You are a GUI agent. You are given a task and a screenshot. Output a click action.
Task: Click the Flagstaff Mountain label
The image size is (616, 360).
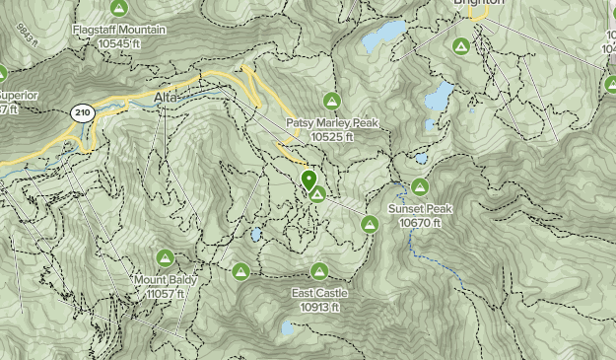(119, 30)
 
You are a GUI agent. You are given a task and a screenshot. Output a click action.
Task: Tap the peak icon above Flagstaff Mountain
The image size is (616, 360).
(119, 9)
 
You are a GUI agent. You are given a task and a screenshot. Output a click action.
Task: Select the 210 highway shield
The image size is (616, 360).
(81, 114)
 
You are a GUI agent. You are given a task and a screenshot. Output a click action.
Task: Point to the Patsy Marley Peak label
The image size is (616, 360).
(332, 123)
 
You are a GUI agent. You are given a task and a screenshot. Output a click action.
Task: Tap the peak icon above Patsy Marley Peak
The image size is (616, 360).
(331, 101)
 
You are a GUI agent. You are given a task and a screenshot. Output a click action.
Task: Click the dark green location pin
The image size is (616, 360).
(308, 180)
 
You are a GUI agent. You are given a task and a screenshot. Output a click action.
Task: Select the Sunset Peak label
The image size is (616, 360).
(420, 209)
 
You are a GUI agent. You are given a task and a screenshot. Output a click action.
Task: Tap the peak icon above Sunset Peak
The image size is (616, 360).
(420, 186)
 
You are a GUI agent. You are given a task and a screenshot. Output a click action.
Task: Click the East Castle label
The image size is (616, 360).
(318, 293)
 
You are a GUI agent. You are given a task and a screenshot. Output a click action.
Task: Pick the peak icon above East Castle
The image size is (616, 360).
(318, 271)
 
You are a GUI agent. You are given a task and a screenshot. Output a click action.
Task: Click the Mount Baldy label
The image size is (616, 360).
(166, 280)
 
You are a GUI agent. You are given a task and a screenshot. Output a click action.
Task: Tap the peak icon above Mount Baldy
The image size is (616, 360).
(166, 258)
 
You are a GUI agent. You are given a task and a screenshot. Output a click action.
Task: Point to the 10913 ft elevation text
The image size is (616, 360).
(318, 307)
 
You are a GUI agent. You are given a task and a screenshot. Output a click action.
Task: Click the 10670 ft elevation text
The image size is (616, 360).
(420, 223)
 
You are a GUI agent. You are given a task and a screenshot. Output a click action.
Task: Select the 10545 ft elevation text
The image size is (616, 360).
(119, 43)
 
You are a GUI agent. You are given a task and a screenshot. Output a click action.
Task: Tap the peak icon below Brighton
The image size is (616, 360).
(460, 45)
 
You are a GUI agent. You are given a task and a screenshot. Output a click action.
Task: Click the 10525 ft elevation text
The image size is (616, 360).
(332, 137)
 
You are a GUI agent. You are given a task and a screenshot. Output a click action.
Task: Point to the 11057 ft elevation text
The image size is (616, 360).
(166, 294)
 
